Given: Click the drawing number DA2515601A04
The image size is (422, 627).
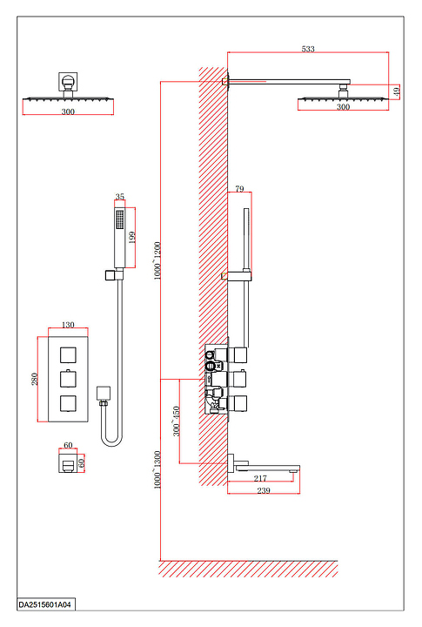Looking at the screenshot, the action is pyautogui.click(x=44, y=604).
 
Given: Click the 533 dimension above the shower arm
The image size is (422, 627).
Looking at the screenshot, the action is pyautogui.click(x=308, y=49).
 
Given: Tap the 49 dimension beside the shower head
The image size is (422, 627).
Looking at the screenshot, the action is pyautogui.click(x=396, y=91).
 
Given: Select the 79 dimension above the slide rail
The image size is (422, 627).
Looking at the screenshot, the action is pyautogui.click(x=239, y=188).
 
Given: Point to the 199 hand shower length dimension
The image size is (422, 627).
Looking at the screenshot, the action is pyautogui.click(x=132, y=237).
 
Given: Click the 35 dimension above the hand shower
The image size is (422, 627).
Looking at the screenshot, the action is pyautogui.click(x=120, y=197).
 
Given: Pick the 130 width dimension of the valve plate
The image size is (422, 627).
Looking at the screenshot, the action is pyautogui.click(x=68, y=325).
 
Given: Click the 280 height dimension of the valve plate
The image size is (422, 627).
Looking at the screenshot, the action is pyautogui.click(x=35, y=379).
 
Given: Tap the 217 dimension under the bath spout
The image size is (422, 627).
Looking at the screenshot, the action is pyautogui.click(x=260, y=478).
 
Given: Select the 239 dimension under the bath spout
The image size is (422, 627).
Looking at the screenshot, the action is pyautogui.click(x=264, y=490).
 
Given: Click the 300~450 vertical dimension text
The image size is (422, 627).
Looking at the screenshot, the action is pyautogui.click(x=176, y=421).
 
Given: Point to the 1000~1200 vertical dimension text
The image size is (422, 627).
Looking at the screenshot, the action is pyautogui.click(x=157, y=260).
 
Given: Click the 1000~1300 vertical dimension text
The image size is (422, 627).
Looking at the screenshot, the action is pyautogui.click(x=157, y=469).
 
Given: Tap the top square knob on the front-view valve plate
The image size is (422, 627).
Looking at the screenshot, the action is pyautogui.click(x=68, y=354).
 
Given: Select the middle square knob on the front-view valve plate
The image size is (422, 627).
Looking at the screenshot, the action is pyautogui.click(x=68, y=379).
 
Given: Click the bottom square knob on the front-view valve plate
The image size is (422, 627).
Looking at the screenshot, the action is pyautogui.click(x=68, y=403).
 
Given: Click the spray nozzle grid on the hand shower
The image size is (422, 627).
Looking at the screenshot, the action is pyautogui.click(x=119, y=219).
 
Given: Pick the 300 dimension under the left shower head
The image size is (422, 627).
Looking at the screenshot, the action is pyautogui.click(x=68, y=111).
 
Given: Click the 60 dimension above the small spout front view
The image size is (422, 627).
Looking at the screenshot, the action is pyautogui.click(x=68, y=445).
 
